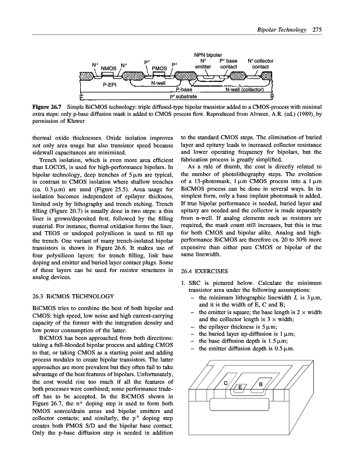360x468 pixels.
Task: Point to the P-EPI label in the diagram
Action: [x=111, y=85]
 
